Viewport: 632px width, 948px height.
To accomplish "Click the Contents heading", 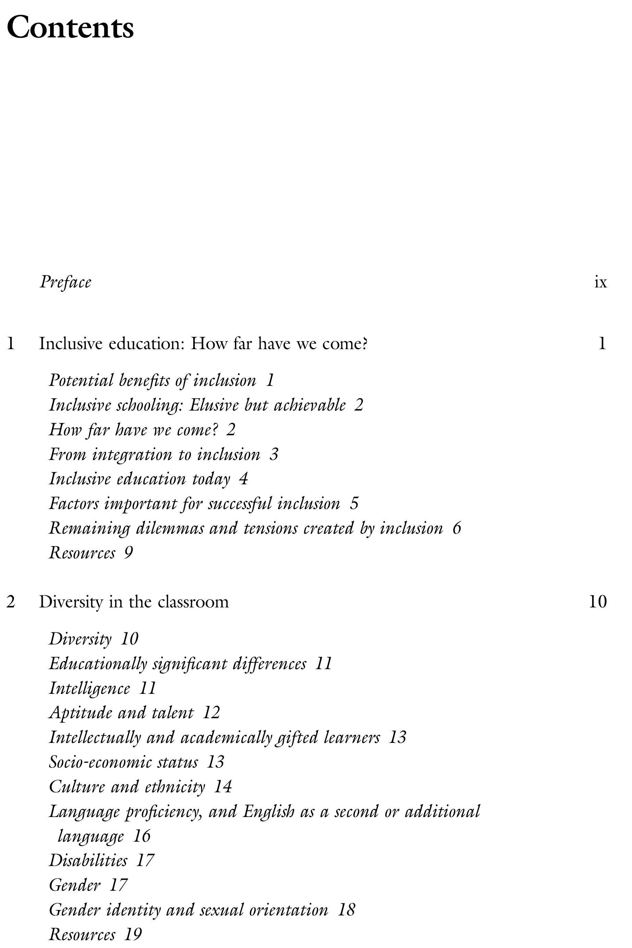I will pos(70,27).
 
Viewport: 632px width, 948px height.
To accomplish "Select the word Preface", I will pos(65,282).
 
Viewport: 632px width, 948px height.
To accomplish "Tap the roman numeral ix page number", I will pos(600,282).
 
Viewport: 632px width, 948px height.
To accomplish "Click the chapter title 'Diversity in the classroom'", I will pos(133,602).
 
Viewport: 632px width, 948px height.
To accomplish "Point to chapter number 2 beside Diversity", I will pos(11,602).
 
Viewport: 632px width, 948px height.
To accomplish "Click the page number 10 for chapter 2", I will pos(597,602).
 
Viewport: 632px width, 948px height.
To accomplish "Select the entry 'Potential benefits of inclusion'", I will pos(152,380).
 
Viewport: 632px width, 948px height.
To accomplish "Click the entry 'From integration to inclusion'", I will pos(154,455).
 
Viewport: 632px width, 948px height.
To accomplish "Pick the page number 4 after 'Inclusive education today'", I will pos(243,479).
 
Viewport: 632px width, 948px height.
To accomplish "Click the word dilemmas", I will pos(170,529).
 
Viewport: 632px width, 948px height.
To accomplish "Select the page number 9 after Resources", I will pos(129,553).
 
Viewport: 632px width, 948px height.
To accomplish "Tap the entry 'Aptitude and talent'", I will pos(121,713).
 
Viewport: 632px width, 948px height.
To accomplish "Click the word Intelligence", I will pos(90,688).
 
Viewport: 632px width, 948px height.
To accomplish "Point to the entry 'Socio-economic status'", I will pos(123,762).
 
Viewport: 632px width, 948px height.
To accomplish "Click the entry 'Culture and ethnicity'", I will pos(127,787).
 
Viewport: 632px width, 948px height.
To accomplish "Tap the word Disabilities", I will pos(88,861).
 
